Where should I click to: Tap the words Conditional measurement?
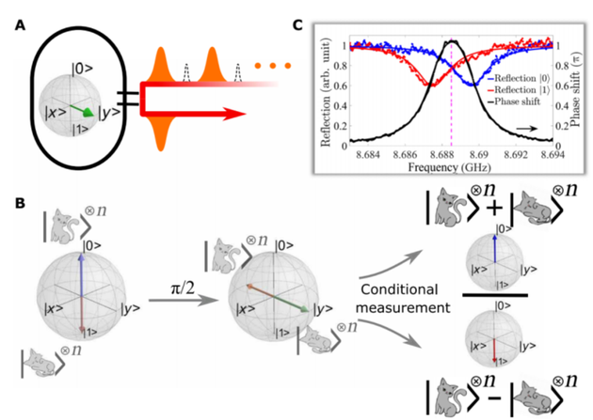point(399,300)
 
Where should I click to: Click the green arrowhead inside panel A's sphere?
point(88,112)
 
